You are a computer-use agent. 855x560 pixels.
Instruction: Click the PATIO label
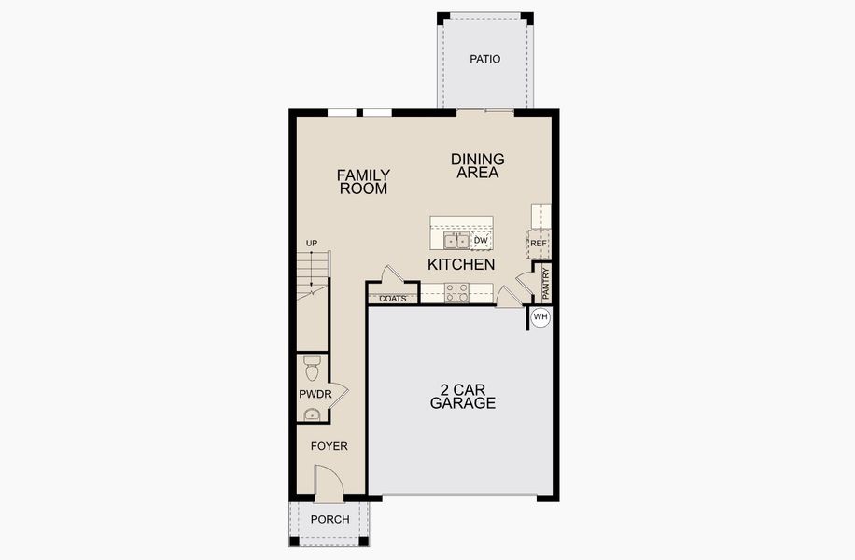click(x=485, y=59)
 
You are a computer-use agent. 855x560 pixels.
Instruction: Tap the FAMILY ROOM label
click(x=363, y=181)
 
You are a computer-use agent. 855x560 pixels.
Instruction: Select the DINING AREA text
click(x=477, y=165)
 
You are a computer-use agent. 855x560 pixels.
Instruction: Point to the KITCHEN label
click(x=461, y=265)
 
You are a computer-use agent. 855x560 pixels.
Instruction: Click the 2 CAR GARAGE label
click(x=462, y=397)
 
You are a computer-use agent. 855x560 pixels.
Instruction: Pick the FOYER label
click(x=329, y=446)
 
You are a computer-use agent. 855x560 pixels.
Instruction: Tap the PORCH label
click(x=329, y=520)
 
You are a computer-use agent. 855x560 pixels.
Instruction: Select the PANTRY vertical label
click(x=546, y=284)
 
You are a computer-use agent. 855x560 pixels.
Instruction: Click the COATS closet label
click(x=393, y=299)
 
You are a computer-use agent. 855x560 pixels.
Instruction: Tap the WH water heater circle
click(x=540, y=317)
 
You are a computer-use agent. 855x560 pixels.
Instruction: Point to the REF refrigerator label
click(x=538, y=244)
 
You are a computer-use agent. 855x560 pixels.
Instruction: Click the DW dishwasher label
click(x=482, y=241)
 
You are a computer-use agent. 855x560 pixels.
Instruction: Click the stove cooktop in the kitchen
click(x=456, y=293)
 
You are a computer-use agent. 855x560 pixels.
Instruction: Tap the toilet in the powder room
click(x=313, y=361)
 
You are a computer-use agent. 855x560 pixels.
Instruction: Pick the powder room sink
click(x=312, y=415)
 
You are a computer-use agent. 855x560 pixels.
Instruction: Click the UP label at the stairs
click(x=312, y=244)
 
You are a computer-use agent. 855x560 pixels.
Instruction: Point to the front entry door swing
click(x=329, y=480)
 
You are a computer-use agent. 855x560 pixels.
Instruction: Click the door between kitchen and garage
click(x=508, y=297)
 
